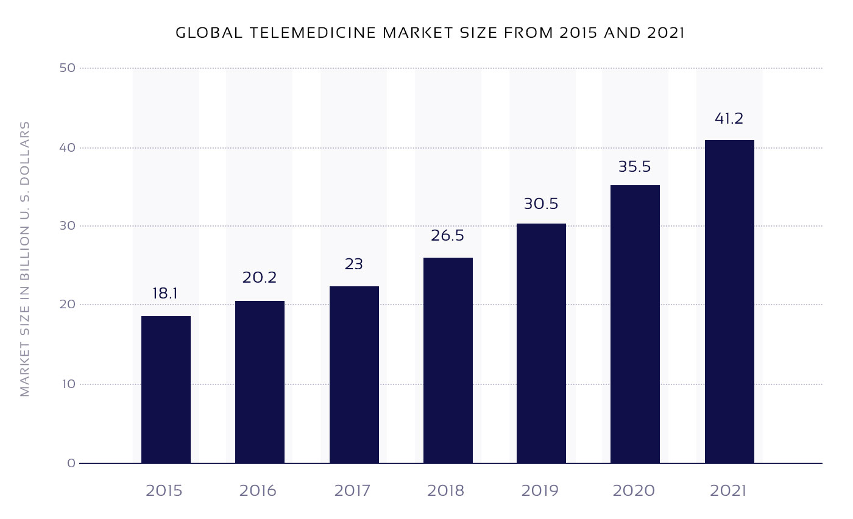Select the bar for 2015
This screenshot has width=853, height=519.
pos(166,390)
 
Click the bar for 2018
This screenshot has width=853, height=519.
pos(448,361)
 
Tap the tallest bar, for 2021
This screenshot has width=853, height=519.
pos(729,302)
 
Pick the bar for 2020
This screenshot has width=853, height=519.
pos(635,324)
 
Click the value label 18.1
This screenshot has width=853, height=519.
pos(165,294)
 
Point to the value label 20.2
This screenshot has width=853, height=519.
pos(260,278)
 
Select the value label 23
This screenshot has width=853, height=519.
pos(353,264)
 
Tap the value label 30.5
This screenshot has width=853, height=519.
pos(541,203)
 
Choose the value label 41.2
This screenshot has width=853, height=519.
pos(729,118)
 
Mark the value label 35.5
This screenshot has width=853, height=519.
pos(635,166)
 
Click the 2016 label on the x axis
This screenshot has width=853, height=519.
pos(258,490)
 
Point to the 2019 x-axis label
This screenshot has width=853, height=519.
pos(540,490)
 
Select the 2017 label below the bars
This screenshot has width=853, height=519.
pos(352,490)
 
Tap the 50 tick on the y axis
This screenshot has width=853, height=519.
pos(68,68)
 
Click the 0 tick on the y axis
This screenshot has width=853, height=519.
pos(71,463)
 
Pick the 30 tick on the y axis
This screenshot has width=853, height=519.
pos(68,226)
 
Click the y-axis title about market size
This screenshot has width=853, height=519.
pos(25,259)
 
